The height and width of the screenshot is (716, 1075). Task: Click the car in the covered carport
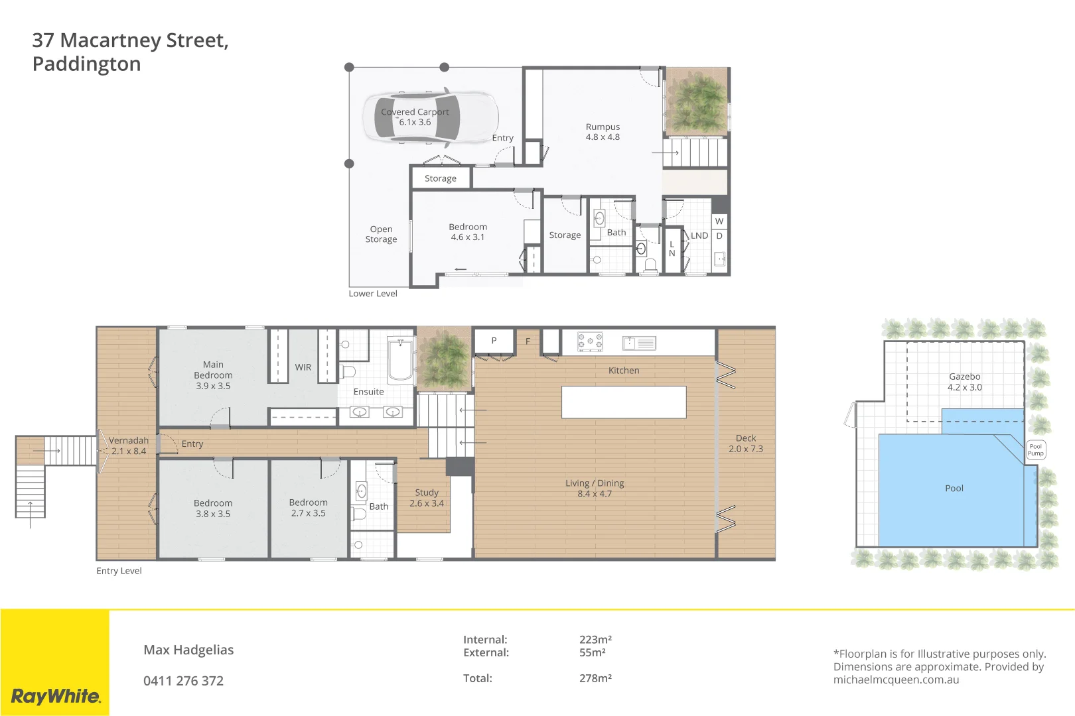pos(431,117)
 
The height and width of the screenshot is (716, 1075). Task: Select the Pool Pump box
pos(1036,450)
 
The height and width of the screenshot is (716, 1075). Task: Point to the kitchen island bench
pos(623,402)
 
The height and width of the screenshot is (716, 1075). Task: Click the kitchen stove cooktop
pos(590,342)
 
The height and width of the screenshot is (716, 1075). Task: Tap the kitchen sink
pos(639,343)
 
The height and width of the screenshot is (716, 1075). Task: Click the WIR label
pos(303,367)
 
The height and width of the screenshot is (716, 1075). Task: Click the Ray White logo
pos(56,696)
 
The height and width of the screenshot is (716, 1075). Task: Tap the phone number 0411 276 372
pos(183,681)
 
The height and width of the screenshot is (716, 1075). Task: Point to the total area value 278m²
pos(595,678)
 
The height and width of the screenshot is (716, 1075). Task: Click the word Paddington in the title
pos(86,64)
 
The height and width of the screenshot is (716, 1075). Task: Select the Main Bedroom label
pos(213,375)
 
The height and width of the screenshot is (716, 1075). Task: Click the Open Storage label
pos(381,234)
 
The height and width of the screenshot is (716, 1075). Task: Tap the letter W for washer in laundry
pos(719,221)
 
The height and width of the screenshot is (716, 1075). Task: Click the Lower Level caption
pos(373,294)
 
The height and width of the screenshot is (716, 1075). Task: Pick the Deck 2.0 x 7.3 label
pos(746,444)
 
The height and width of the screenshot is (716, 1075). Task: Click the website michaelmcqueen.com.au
pos(896,680)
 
